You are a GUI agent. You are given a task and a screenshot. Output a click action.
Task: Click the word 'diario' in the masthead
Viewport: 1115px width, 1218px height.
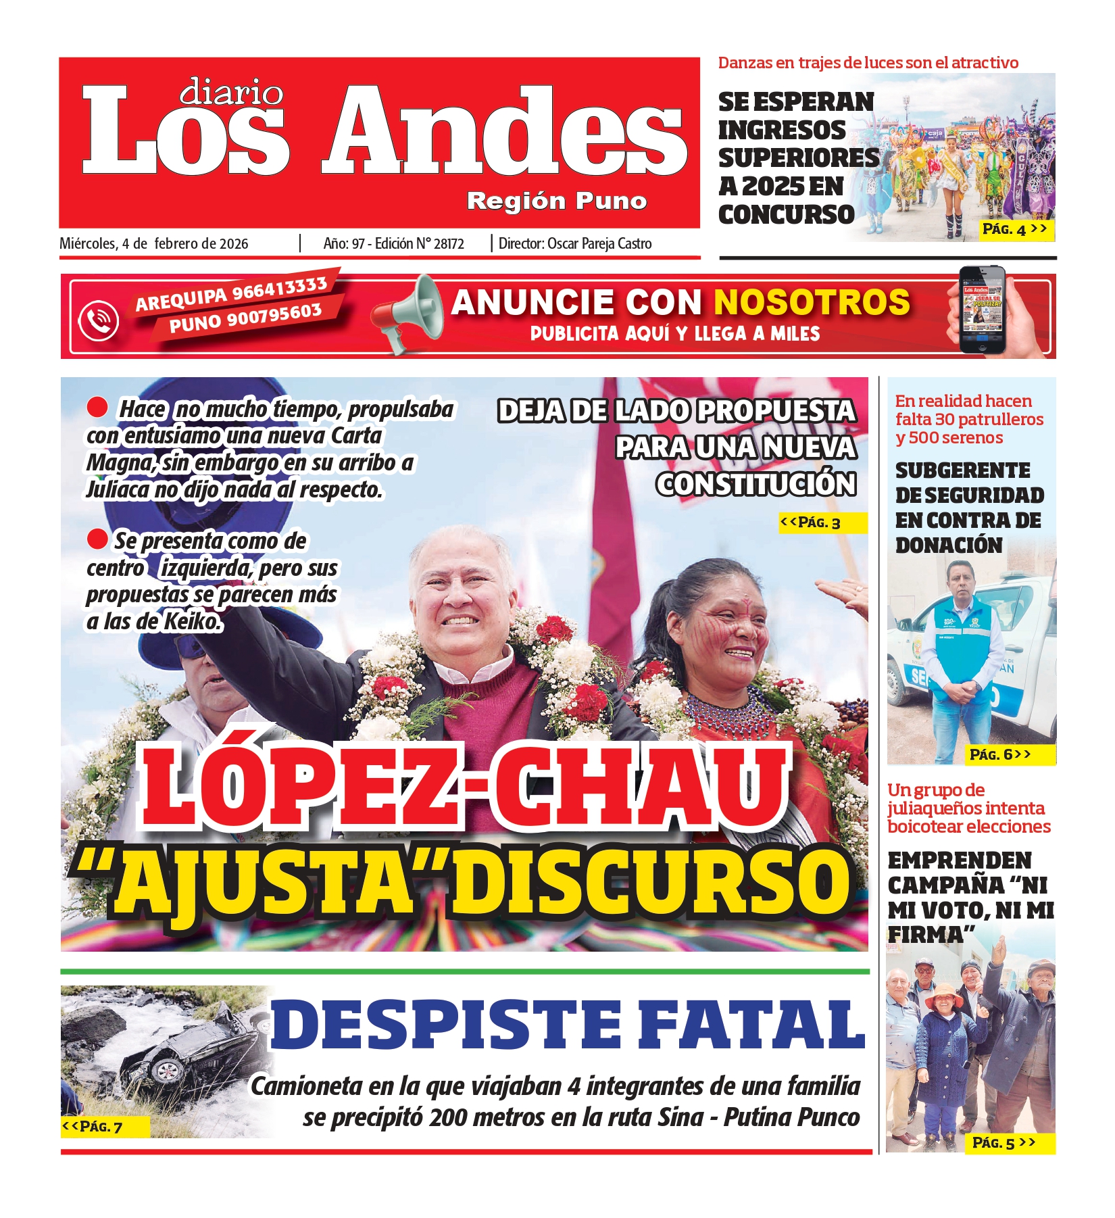tap(231, 93)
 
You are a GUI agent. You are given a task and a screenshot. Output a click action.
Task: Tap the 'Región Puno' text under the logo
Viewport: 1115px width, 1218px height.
tap(557, 201)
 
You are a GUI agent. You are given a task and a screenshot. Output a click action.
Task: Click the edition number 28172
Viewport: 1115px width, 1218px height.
tap(448, 244)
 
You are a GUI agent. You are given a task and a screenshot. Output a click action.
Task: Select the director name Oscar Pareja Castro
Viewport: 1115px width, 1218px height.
tap(599, 244)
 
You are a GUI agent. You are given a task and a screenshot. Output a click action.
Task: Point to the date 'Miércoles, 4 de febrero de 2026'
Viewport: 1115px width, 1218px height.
tap(154, 244)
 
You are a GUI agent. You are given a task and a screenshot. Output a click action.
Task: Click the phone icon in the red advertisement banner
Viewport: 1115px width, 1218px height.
tap(99, 320)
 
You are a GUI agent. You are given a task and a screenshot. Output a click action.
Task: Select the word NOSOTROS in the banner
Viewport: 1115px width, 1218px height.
tap(812, 302)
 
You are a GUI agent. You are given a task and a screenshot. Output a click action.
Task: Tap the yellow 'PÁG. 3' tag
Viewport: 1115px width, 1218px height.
tap(821, 522)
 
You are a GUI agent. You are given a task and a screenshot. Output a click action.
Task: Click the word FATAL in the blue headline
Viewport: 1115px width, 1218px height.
tap(751, 1025)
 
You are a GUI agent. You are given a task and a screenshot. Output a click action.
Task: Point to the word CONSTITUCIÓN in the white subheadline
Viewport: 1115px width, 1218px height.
tap(756, 484)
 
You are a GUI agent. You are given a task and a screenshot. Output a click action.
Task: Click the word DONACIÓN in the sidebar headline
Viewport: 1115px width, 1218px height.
tap(949, 545)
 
